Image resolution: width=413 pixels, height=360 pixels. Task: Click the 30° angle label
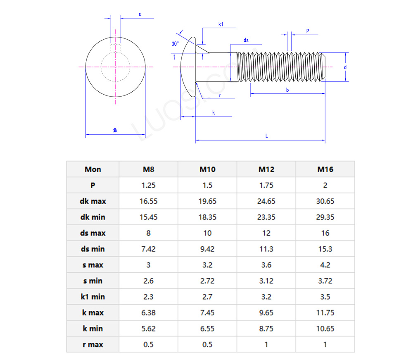click(175, 44)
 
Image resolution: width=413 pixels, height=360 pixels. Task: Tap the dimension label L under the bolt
click(267, 136)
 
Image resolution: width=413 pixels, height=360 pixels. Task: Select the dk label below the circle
click(115, 131)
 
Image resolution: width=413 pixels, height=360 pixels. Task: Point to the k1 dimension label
click(221, 24)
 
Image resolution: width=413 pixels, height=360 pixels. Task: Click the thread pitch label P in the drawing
click(308, 31)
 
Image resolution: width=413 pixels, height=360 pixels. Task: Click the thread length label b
click(287, 90)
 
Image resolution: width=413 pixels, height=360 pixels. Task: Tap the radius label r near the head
click(220, 95)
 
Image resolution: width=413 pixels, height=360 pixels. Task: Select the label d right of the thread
click(345, 67)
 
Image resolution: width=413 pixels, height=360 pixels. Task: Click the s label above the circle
click(140, 14)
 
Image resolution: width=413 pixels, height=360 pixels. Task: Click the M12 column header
click(266, 169)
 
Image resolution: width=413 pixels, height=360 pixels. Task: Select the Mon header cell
click(93, 169)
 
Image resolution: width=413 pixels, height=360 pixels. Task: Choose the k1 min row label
click(93, 297)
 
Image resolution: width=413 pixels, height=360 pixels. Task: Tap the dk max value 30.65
click(325, 201)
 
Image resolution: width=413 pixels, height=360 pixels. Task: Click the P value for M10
click(207, 185)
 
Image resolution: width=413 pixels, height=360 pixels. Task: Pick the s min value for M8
click(148, 281)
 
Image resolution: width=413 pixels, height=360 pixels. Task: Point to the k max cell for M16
click(325, 313)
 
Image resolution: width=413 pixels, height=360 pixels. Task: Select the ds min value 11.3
click(266, 249)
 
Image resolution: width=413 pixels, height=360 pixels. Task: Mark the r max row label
click(93, 345)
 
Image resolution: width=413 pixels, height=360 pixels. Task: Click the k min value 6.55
click(207, 329)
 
